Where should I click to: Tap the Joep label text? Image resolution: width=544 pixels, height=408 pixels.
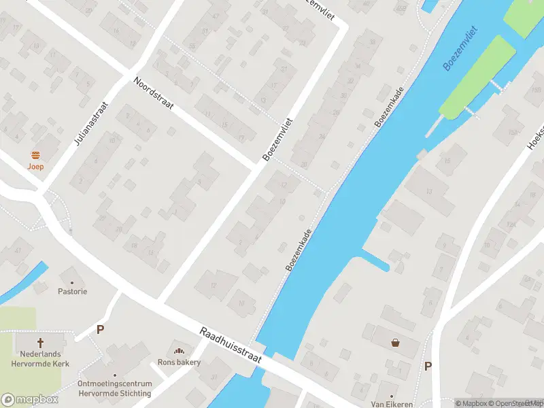click(36, 167)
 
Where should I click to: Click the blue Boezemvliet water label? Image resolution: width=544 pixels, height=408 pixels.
click(460, 49)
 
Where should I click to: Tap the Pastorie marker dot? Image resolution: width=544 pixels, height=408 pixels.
click(72, 280)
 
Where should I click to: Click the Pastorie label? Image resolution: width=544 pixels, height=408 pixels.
click(72, 291)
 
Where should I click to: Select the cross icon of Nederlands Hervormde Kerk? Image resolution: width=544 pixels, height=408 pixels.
click(40, 343)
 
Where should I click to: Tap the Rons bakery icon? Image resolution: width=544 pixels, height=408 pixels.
click(180, 352)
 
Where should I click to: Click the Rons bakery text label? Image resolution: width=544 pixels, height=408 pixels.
click(180, 362)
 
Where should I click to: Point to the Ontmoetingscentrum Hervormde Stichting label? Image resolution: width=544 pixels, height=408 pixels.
click(114, 388)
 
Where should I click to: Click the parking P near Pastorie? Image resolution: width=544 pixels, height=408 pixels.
click(100, 330)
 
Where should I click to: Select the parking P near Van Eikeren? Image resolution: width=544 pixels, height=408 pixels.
click(428, 366)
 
